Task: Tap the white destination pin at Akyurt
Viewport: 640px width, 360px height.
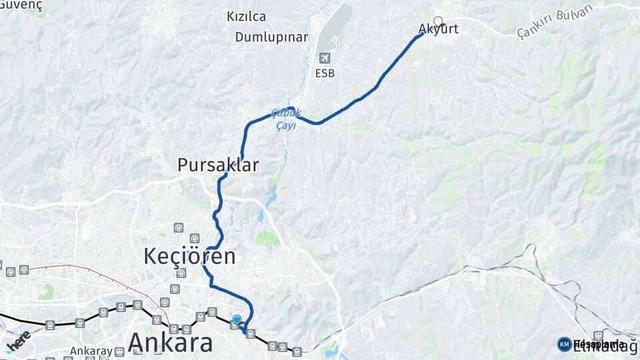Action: click(438, 21)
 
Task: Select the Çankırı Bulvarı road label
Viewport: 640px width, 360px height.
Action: click(545, 21)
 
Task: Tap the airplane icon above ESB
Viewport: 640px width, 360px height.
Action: click(325, 58)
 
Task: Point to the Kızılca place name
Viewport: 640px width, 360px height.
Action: click(247, 17)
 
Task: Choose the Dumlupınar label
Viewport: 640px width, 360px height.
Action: click(271, 37)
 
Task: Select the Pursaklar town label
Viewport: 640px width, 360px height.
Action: click(218, 165)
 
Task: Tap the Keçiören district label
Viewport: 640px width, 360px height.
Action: click(190, 256)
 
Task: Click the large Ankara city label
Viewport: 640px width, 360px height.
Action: click(170, 342)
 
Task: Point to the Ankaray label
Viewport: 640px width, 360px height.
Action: click(91, 351)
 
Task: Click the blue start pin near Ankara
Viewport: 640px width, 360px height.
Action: click(237, 320)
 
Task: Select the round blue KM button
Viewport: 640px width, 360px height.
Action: click(564, 344)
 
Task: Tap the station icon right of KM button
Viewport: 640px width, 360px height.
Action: click(598, 335)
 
